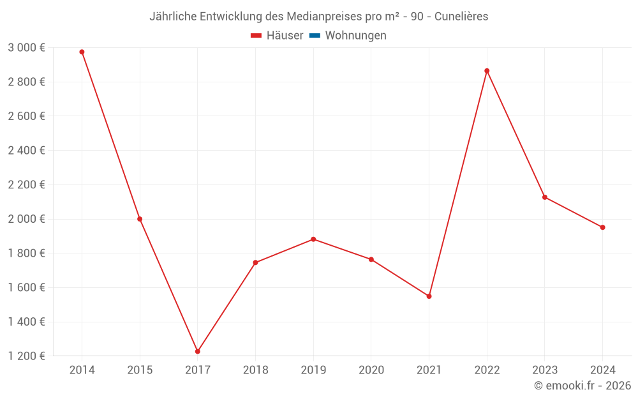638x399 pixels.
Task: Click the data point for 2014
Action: pos(82,52)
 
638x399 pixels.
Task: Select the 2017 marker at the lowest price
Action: pos(198,351)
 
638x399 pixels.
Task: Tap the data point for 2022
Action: pos(487,71)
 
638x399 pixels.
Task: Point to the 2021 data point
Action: pos(429,296)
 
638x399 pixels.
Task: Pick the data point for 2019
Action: pos(313,239)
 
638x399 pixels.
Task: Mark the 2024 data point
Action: pos(602,227)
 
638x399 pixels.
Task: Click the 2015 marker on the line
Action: pos(140,219)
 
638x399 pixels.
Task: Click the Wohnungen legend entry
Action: pos(355,36)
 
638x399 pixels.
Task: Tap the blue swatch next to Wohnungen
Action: pos(315,36)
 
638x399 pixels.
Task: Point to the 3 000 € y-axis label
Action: pos(26,48)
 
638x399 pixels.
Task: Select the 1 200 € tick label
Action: pos(26,356)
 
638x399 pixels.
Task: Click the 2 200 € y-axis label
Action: pos(26,185)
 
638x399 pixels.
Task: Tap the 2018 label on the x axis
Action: pos(255,370)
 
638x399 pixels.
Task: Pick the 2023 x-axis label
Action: pos(544,370)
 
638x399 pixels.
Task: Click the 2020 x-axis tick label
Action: pos(371,370)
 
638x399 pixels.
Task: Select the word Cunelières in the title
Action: pos(461,17)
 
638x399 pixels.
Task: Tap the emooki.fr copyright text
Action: pos(582,386)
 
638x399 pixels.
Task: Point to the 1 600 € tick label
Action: pos(26,288)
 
